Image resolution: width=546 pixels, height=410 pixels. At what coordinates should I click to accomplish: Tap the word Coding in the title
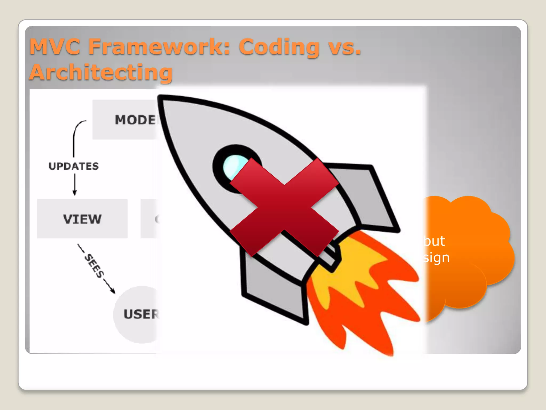click(279, 47)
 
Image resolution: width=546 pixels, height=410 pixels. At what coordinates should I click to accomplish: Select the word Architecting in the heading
click(101, 72)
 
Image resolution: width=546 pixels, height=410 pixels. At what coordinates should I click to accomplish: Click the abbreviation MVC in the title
click(55, 47)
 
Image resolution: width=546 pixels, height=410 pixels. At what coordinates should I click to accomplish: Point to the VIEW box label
click(82, 219)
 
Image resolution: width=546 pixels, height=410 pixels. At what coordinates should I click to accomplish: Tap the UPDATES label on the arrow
click(74, 166)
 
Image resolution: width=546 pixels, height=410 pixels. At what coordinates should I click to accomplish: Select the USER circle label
click(140, 314)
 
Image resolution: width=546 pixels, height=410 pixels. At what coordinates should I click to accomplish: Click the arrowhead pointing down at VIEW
click(75, 193)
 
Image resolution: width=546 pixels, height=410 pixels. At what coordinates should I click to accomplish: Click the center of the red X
click(284, 207)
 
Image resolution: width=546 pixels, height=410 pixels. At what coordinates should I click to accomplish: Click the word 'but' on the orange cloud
click(434, 241)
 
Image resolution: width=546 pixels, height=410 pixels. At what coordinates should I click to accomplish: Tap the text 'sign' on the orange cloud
click(436, 258)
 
